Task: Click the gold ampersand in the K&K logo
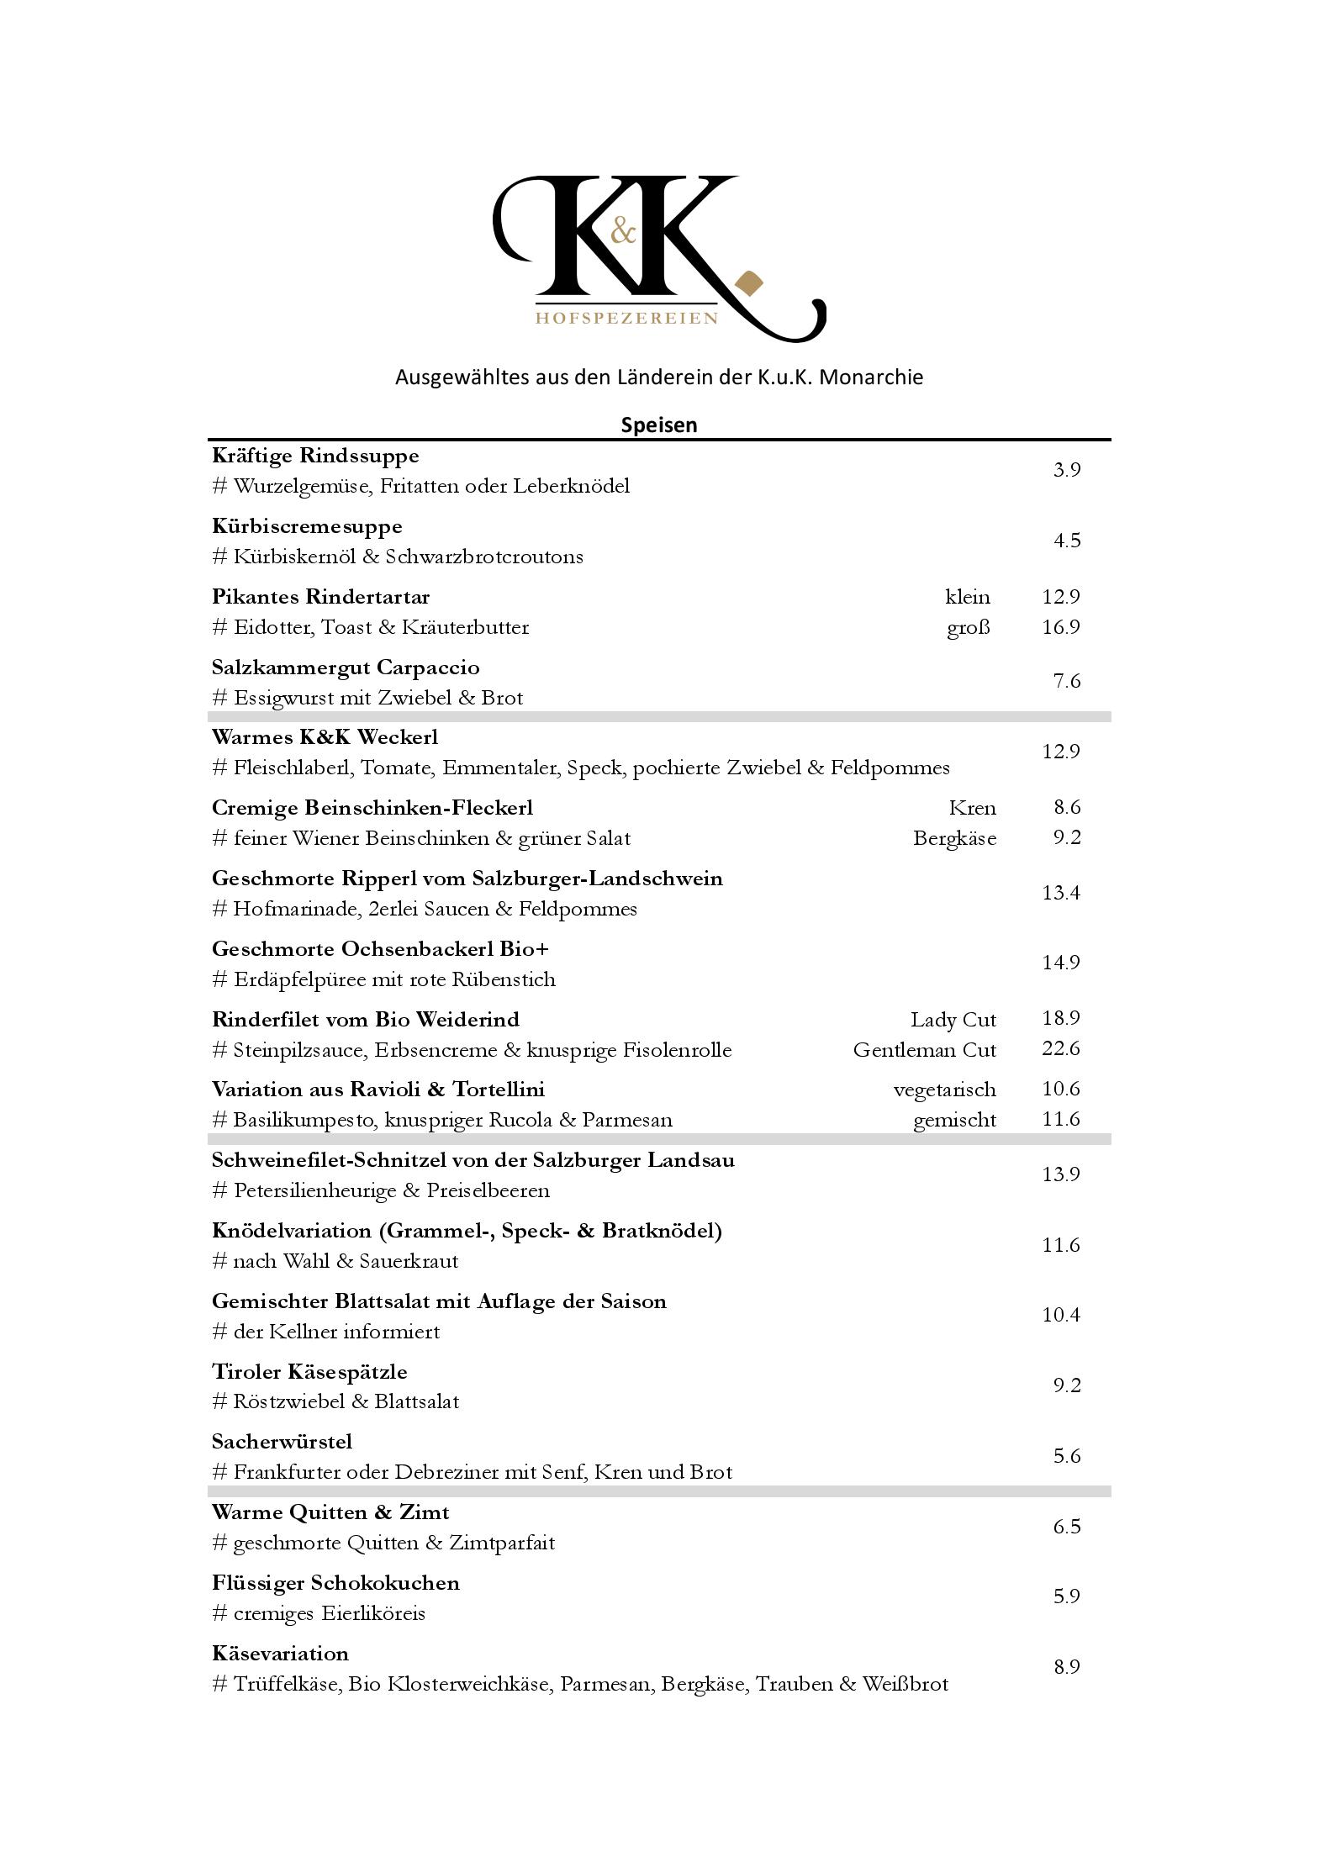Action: tap(623, 229)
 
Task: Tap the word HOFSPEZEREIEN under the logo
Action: tap(627, 318)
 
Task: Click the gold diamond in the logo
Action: tap(747, 284)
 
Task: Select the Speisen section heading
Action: tap(659, 425)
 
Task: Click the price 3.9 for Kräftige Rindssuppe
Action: tap(1066, 470)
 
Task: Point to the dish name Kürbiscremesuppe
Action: tap(307, 526)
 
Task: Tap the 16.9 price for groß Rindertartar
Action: tap(1060, 627)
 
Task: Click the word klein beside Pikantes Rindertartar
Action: tap(967, 597)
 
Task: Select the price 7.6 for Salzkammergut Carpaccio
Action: tap(1066, 681)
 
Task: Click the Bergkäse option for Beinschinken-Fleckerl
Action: tap(954, 838)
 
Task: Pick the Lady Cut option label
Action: tap(953, 1020)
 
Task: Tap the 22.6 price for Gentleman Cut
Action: tap(1060, 1049)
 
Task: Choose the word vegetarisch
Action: tap(944, 1090)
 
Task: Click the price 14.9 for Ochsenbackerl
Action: tap(1060, 963)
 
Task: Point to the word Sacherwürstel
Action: tap(282, 1442)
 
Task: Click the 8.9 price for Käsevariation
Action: tap(1066, 1667)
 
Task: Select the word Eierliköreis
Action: tap(373, 1613)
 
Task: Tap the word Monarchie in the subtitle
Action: tap(870, 377)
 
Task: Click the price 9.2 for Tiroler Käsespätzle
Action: tap(1066, 1385)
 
